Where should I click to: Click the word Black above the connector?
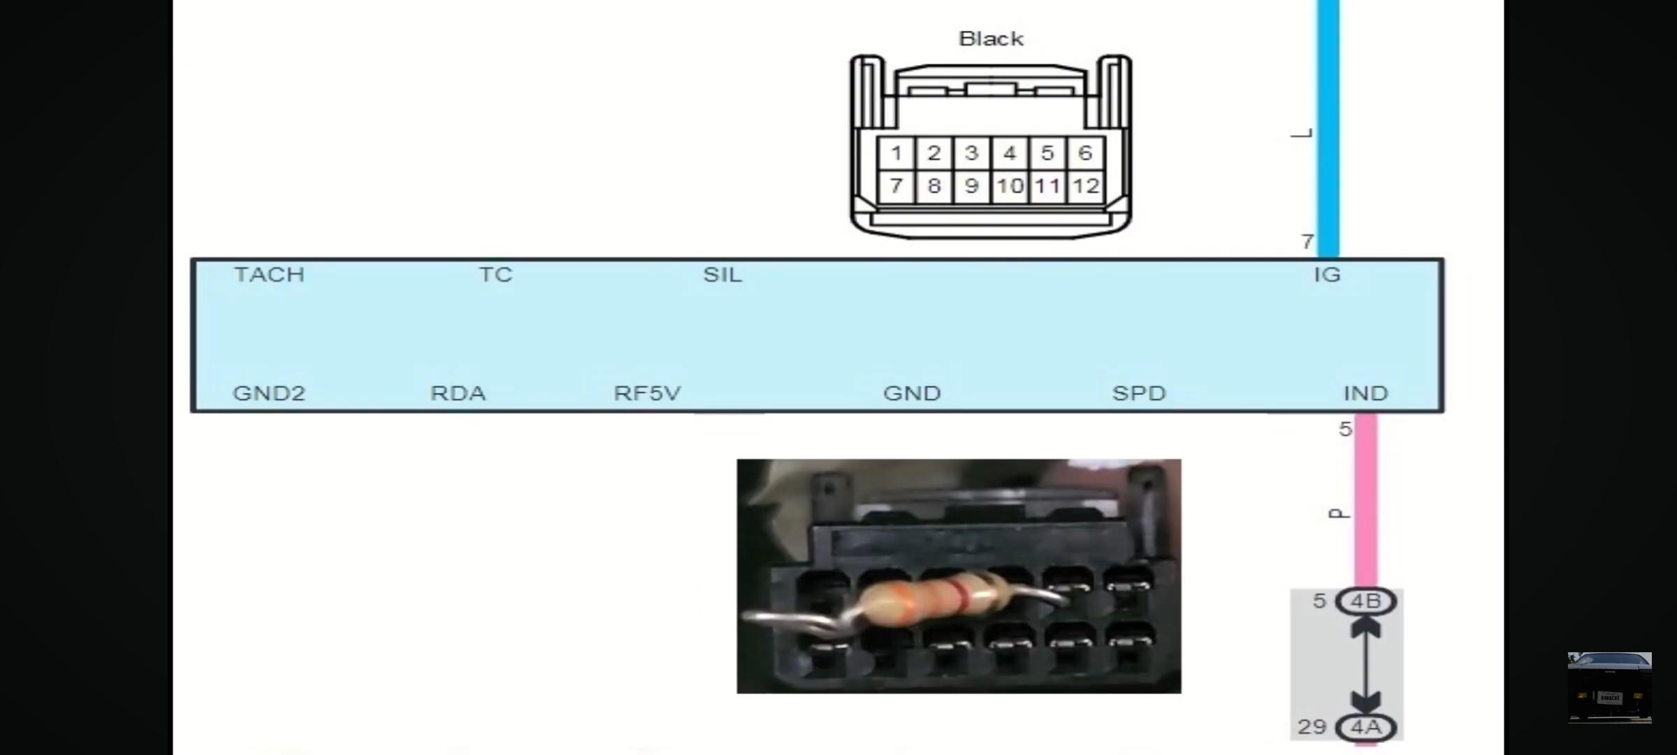tap(991, 38)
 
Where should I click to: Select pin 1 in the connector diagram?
tap(896, 153)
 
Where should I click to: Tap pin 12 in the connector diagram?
tap(1085, 186)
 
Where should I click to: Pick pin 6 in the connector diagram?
tap(1084, 153)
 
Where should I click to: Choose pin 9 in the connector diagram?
tap(971, 186)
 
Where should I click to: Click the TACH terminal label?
tap(269, 275)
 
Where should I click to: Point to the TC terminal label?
tap(495, 275)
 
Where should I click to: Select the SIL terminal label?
tap(723, 275)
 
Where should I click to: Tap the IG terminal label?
tap(1327, 275)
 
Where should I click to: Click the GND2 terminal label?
tap(269, 393)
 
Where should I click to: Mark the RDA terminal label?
tap(458, 393)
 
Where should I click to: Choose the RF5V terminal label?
tap(647, 393)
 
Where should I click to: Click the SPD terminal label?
tap(1139, 393)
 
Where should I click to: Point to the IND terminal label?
tap(1365, 393)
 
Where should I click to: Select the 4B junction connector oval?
tap(1365, 601)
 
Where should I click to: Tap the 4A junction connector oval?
tap(1365, 727)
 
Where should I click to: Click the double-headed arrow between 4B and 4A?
tap(1365, 664)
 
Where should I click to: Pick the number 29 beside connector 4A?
tap(1312, 727)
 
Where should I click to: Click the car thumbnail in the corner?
tap(1609, 687)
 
